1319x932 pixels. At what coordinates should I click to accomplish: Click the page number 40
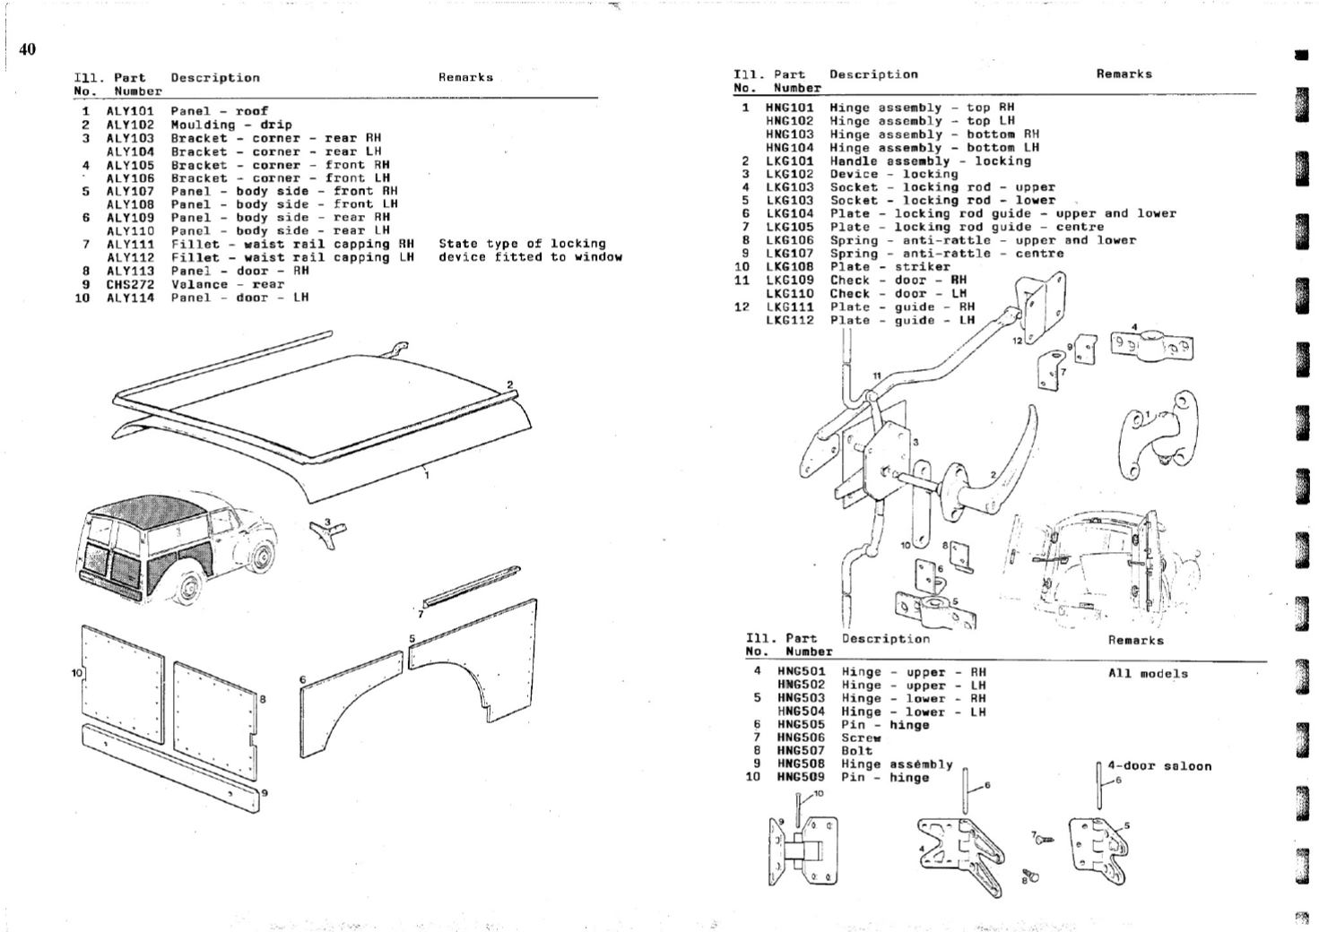pyautogui.click(x=28, y=49)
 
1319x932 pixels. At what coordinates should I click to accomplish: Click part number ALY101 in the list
pyautogui.click(x=130, y=112)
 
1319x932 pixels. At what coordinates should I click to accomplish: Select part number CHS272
pyautogui.click(x=130, y=285)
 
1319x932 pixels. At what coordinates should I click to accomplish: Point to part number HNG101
pyautogui.click(x=789, y=108)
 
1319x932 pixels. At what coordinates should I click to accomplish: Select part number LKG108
pyautogui.click(x=789, y=266)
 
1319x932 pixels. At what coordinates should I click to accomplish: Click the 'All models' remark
pyautogui.click(x=1148, y=674)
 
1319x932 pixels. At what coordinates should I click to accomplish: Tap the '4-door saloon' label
pyautogui.click(x=1159, y=766)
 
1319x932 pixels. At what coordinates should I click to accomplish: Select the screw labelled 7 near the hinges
pyautogui.click(x=1044, y=840)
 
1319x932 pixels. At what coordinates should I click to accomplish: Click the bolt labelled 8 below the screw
pyautogui.click(x=1031, y=874)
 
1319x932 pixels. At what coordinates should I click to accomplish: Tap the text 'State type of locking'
pyautogui.click(x=522, y=244)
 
